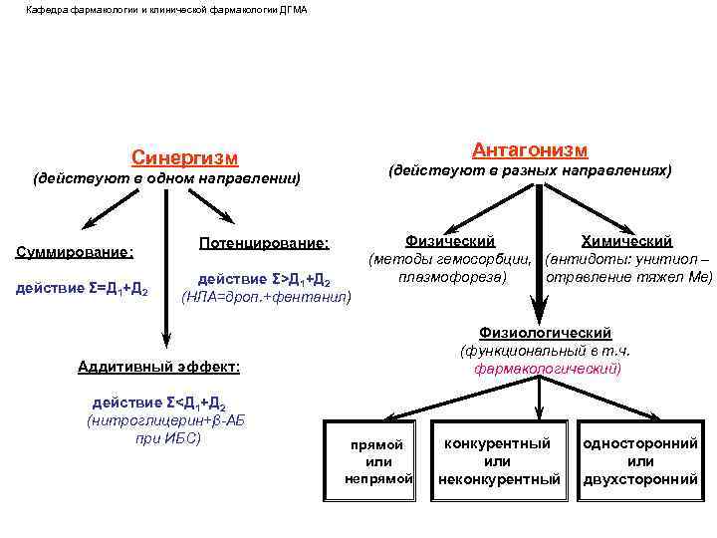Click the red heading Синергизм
coord(185,156)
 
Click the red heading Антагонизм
coord(530,149)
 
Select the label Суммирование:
coord(76,251)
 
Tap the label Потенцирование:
coord(264,242)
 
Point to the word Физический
coord(450,241)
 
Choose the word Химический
coord(626,241)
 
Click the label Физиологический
coord(545,333)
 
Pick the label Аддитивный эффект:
coord(158,367)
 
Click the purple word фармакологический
coord(547,368)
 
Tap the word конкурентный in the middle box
coord(497,443)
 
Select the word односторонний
coord(640,443)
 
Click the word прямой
coord(377,445)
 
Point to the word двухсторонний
coord(640,479)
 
